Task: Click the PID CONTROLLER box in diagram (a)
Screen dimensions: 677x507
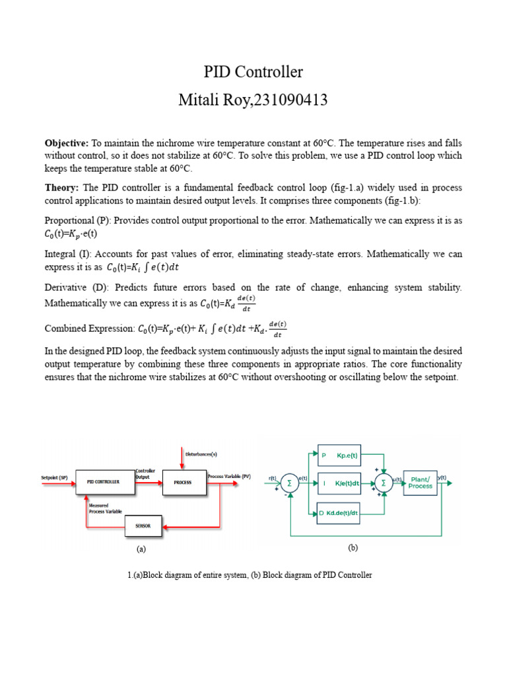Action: [x=103, y=482]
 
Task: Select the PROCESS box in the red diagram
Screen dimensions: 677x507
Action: [x=182, y=482]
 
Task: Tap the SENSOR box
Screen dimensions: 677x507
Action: [x=143, y=526]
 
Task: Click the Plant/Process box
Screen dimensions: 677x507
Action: [x=420, y=483]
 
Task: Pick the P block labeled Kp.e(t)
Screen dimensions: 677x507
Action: [x=340, y=456]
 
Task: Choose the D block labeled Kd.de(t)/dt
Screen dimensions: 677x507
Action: [x=340, y=513]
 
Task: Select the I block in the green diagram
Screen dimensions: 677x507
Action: [x=340, y=484]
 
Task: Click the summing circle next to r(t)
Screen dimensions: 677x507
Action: [x=289, y=484]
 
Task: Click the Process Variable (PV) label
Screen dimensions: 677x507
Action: [x=228, y=476]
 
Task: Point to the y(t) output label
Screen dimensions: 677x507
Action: [x=443, y=477]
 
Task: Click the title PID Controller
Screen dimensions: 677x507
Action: [x=253, y=71]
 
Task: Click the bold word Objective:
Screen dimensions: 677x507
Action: [x=66, y=143]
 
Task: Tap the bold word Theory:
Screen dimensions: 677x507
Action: [x=61, y=188]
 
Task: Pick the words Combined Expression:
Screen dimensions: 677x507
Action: [x=88, y=329]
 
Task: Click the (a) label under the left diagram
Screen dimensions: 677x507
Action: [x=141, y=549]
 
